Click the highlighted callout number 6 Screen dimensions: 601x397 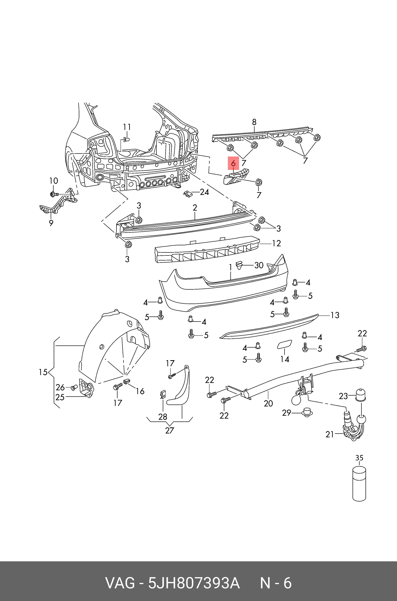(233, 163)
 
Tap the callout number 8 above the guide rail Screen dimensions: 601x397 (254, 122)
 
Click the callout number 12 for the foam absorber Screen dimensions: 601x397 (276, 244)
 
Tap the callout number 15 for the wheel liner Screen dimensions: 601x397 (43, 372)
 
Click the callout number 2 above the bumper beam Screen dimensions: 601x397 (195, 208)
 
